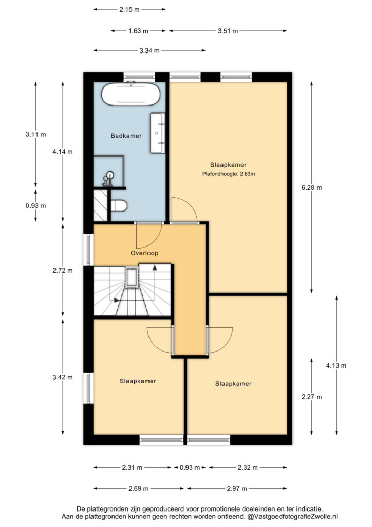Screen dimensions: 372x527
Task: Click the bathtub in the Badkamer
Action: pos(131,94)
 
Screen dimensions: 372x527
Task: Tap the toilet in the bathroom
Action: pos(119,206)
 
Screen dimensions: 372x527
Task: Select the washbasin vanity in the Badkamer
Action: pos(157,133)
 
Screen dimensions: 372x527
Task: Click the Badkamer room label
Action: pos(126,136)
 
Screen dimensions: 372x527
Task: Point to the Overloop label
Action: pos(144,253)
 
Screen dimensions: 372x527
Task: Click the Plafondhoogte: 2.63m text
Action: pos(229,174)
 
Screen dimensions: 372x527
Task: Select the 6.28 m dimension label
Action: pos(311,188)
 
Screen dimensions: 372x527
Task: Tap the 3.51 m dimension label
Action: pos(228,31)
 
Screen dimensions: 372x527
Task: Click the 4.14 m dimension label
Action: pos(62,152)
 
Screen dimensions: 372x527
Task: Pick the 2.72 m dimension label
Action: pos(62,271)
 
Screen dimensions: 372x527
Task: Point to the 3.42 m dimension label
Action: pos(63,377)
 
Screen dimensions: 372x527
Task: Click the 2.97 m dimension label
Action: pos(237,489)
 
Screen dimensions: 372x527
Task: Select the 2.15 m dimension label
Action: pos(129,10)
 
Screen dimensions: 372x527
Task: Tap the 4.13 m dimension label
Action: pos(336,366)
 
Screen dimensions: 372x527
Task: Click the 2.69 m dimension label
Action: pos(139,489)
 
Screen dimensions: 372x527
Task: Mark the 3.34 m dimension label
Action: pos(150,51)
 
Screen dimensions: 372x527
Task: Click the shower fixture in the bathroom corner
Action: pos(108,179)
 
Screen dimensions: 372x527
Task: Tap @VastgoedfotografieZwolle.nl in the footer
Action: pos(292,516)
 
